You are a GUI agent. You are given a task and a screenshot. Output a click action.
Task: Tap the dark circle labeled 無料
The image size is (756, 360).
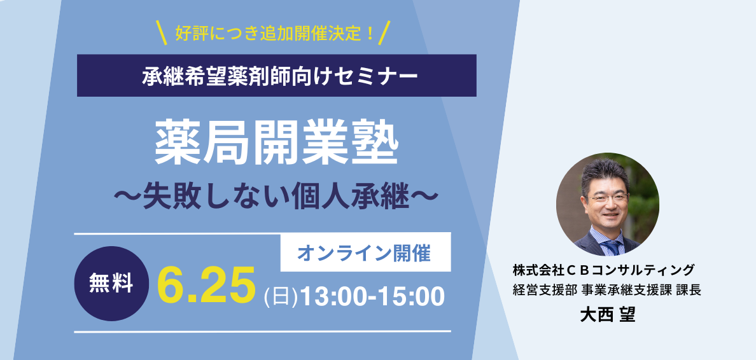coord(111,284)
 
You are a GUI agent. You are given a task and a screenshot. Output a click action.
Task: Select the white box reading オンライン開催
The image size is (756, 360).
coord(365,252)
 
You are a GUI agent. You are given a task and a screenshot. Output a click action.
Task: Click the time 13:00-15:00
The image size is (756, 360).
coord(372,296)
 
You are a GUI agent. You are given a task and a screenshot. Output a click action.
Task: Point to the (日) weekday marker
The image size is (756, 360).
coord(281,297)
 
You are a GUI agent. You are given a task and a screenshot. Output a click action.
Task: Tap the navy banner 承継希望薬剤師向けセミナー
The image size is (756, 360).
coord(277,76)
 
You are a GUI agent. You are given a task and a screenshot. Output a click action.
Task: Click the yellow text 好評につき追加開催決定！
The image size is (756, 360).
coord(276,33)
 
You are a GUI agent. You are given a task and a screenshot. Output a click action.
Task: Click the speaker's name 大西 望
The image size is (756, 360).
coord(608,315)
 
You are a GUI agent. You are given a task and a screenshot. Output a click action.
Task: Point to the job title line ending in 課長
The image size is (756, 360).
coord(607,290)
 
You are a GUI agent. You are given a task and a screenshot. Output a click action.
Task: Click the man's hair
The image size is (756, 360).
coord(605,170)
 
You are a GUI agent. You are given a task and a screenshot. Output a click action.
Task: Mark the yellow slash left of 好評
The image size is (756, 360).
coord(162,33)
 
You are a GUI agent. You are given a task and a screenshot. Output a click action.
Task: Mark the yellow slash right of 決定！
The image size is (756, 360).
coord(384,33)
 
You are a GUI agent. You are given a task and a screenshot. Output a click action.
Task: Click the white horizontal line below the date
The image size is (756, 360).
coord(262,331)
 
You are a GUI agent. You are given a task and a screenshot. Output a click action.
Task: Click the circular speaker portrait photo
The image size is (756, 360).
coord(608,204)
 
